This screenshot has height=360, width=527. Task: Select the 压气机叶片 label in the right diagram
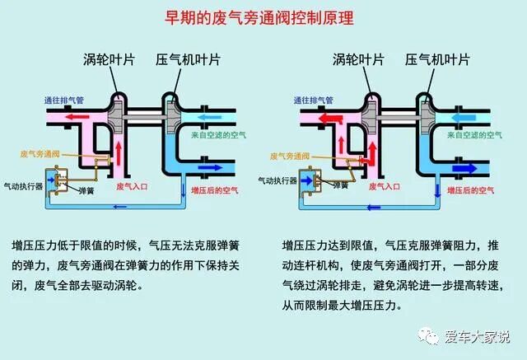coord(436,60)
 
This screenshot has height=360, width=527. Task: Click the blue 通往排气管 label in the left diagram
coord(68,100)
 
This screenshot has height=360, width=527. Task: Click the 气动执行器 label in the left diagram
coord(23,187)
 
